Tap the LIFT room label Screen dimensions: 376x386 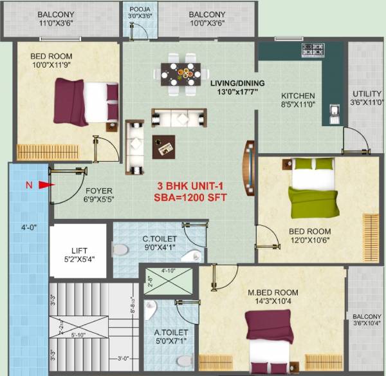(79, 251)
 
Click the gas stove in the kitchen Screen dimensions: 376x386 (313, 49)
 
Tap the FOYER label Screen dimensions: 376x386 (99, 191)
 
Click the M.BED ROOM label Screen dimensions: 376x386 (273, 293)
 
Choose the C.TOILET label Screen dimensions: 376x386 (160, 239)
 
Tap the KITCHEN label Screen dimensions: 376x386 (298, 96)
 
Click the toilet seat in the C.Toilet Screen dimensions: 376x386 (120, 249)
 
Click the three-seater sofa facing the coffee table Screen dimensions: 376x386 (179, 118)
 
